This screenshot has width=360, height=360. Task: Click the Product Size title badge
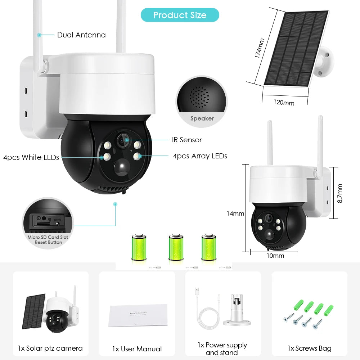[x=180, y=15]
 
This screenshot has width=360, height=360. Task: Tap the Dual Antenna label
[x=81, y=35]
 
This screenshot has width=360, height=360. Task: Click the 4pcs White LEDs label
[x=31, y=157]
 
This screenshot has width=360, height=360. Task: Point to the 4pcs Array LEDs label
[x=200, y=156]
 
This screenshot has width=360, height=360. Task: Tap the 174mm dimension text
[x=259, y=48]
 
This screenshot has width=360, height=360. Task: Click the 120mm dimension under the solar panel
[x=284, y=102]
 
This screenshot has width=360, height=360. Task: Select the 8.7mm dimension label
[x=339, y=193]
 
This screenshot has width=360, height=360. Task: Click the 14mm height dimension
[x=235, y=213]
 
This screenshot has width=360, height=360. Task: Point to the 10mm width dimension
[x=275, y=256]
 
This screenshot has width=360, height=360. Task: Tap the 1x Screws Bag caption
[x=309, y=348]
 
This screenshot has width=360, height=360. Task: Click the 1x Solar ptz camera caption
[x=50, y=348]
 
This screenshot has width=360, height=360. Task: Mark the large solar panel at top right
[x=296, y=49]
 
